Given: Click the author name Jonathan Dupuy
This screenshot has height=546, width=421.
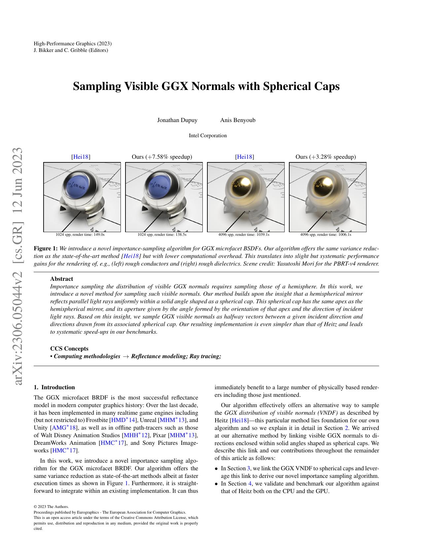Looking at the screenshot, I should [x=177, y=120].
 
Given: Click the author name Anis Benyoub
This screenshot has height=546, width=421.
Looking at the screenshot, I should [x=238, y=120].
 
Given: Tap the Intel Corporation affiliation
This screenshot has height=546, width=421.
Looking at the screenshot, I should [x=208, y=136].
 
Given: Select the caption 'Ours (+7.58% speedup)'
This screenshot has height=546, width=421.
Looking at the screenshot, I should [x=162, y=157].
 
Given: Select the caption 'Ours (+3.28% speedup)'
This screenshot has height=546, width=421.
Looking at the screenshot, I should [x=326, y=157].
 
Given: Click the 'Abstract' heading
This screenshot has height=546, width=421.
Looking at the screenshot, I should [x=61, y=279].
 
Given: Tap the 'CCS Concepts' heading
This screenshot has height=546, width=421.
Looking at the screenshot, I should [x=69, y=349].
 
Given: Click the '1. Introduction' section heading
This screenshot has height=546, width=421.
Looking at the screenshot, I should [x=54, y=387].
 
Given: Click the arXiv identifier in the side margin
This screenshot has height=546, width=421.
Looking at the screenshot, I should [x=18, y=267].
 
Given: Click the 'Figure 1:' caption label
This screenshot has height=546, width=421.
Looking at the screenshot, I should [x=46, y=248].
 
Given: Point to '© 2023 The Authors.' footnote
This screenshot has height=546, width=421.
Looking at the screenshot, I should [x=51, y=507].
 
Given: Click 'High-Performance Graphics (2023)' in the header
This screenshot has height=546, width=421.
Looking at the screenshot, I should [x=73, y=44].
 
